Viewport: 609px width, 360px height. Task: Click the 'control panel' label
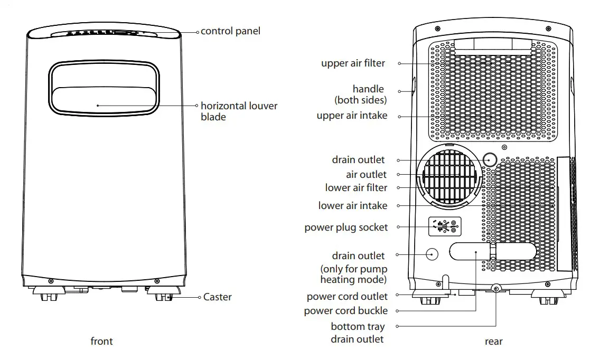pos(230,31)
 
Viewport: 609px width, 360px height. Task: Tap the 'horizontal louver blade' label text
pos(239,111)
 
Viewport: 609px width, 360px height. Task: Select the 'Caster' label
pos(217,297)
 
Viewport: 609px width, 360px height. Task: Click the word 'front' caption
pos(101,342)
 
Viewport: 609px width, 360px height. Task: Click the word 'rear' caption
pos(493,342)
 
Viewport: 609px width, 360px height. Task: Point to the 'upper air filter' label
pos(353,63)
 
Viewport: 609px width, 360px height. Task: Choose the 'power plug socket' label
pos(346,228)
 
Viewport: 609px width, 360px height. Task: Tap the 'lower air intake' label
pos(352,206)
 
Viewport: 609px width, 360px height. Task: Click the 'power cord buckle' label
pos(345,311)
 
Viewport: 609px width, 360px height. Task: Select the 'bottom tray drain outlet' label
pos(357,333)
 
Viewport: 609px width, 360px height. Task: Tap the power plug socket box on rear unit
pos(445,226)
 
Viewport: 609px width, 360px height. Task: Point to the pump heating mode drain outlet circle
pos(432,254)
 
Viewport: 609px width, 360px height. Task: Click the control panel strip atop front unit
pos(105,33)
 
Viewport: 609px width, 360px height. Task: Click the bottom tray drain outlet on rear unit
pos(496,289)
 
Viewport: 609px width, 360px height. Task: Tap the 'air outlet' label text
pos(366,174)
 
